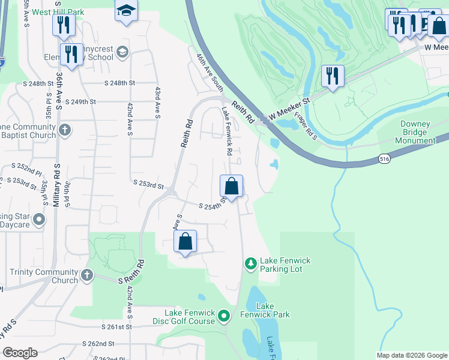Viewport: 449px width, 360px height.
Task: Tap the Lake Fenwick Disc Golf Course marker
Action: [x=224, y=315]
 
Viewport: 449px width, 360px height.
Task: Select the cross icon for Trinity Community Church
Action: [x=86, y=275]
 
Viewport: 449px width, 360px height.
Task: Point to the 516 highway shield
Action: [x=385, y=158]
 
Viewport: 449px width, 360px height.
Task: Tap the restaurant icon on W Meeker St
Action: [x=333, y=76]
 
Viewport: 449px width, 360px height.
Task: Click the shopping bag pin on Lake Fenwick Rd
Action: [x=232, y=187]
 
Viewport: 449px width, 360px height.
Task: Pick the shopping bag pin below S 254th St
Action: [x=185, y=242]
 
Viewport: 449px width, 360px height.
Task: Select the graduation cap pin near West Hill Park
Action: [x=126, y=11]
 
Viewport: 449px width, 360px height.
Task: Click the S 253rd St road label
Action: [x=148, y=186]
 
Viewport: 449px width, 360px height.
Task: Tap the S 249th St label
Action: [x=81, y=102]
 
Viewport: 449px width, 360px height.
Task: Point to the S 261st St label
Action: [x=116, y=327]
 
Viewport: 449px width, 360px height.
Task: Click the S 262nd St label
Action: [x=98, y=344]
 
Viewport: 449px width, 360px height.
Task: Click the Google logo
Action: [x=20, y=353]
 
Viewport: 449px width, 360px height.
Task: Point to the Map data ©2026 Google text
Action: [x=411, y=355]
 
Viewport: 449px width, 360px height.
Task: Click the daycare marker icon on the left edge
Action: [x=40, y=220]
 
